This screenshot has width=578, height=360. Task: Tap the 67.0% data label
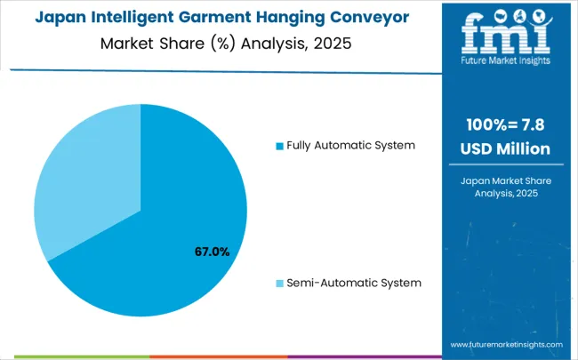coord(212,252)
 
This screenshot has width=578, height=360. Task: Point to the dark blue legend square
coord(280,146)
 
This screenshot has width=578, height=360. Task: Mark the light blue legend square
coord(280,284)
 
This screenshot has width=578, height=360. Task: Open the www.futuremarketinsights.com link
coord(506,344)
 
